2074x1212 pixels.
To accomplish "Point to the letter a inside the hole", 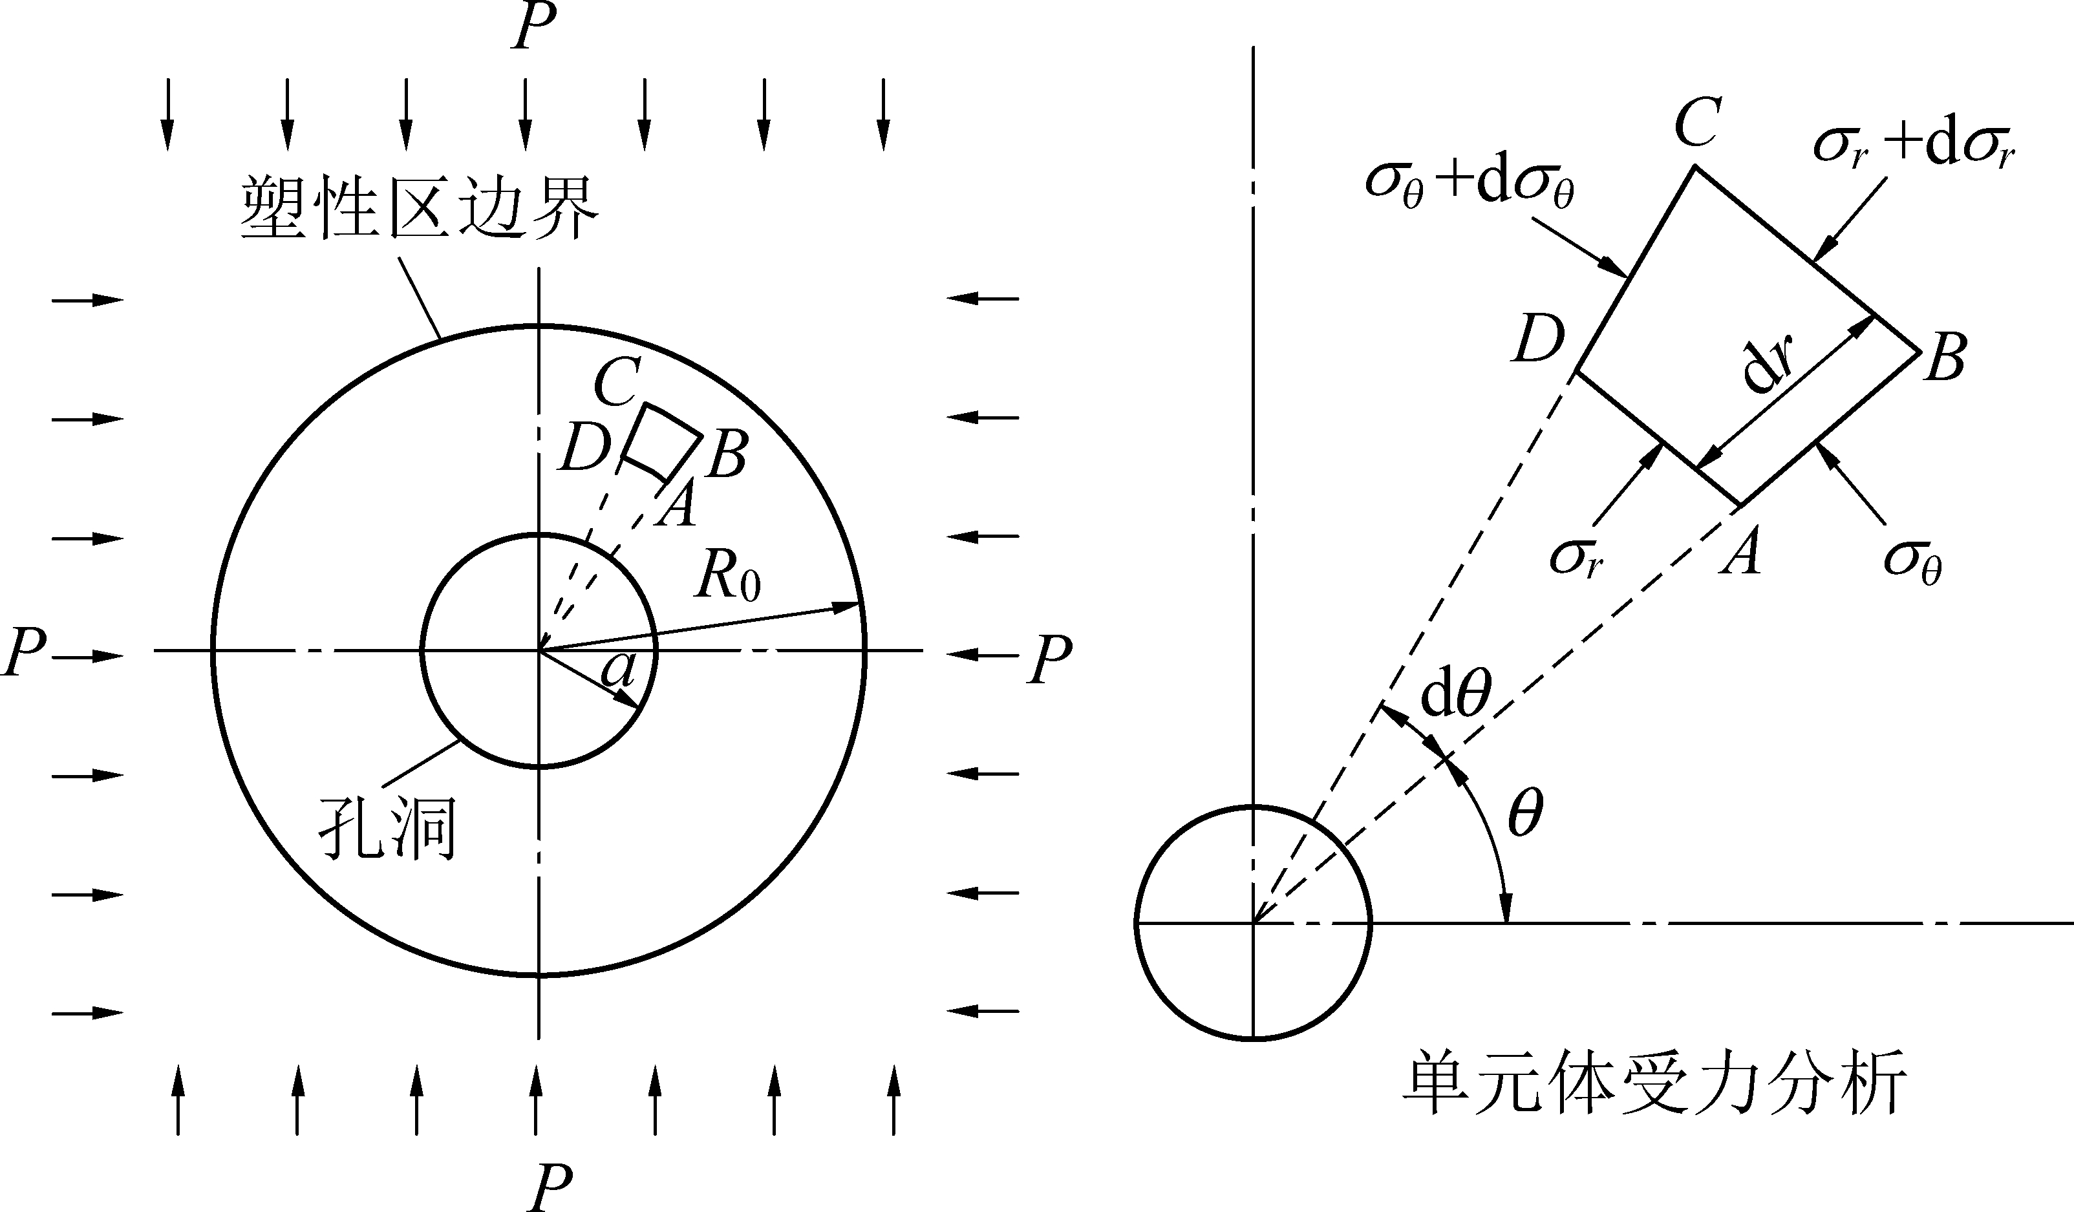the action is point(618,670).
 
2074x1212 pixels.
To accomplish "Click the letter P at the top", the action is point(533,27).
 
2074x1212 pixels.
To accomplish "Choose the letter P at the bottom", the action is point(550,1187).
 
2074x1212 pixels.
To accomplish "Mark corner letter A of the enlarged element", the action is point(1740,552).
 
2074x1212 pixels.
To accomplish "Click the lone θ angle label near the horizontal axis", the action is point(1524,815).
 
